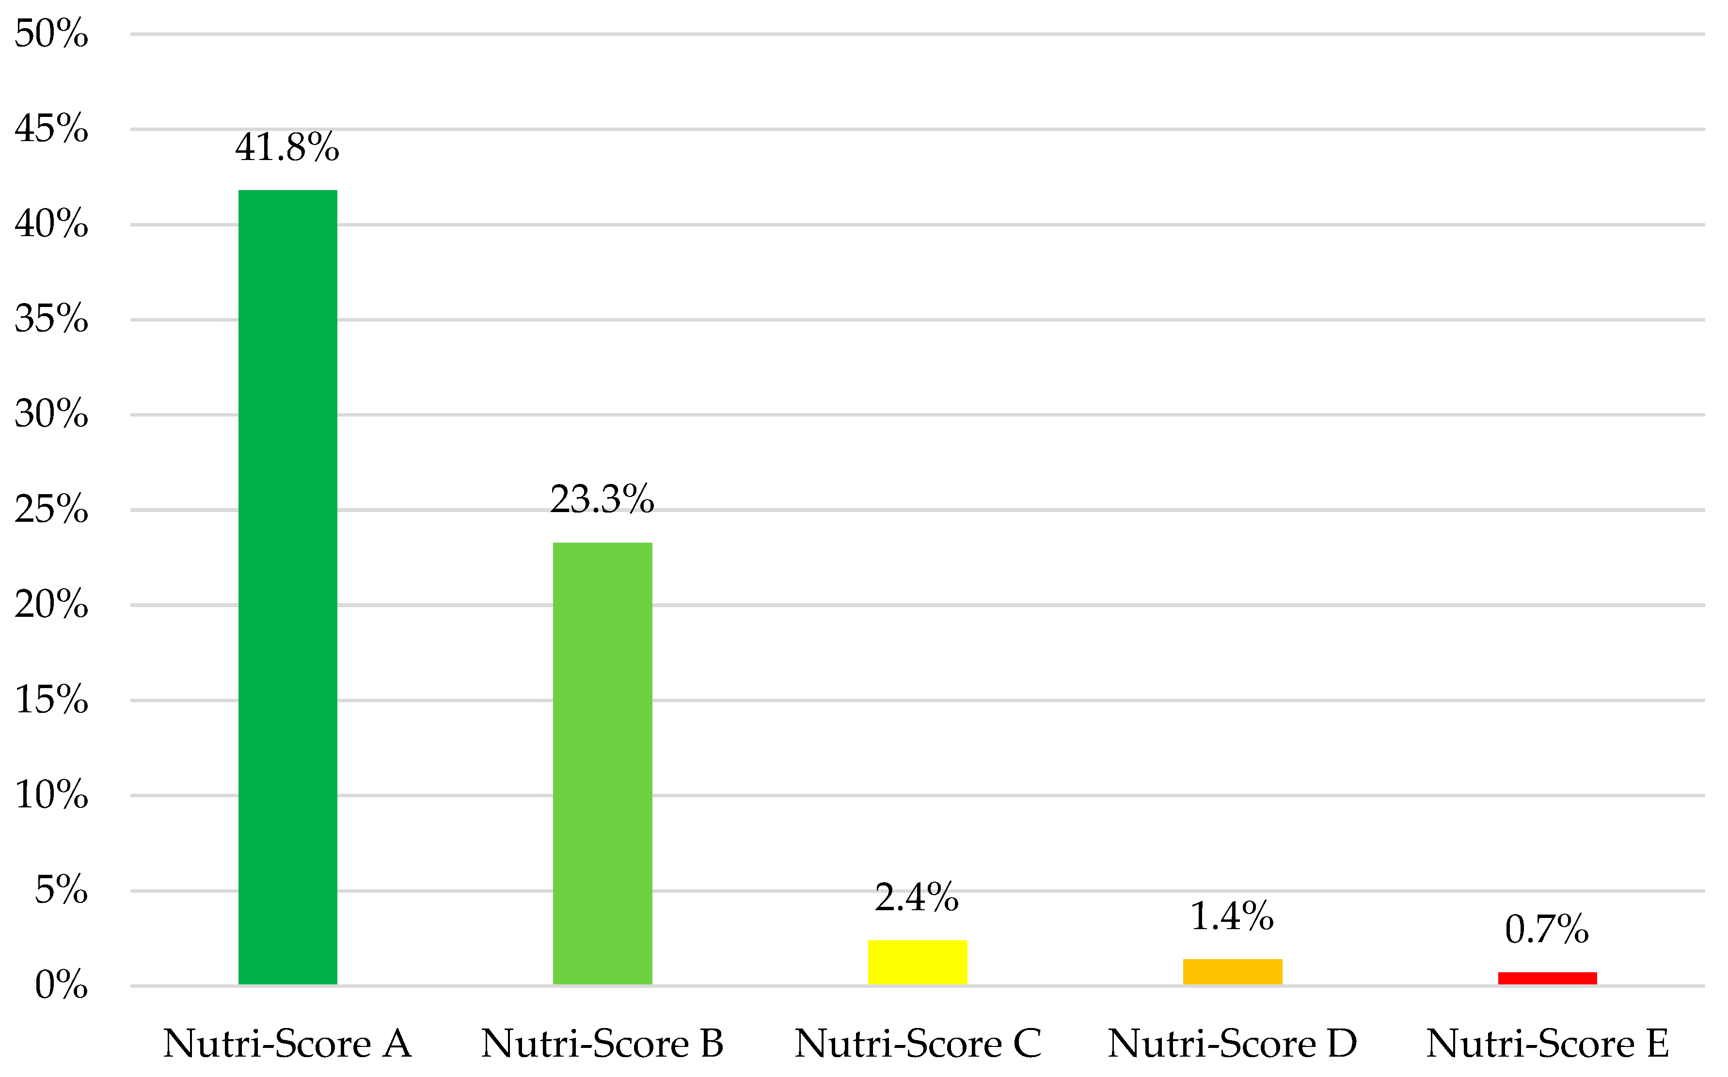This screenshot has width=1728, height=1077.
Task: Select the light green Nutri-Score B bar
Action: tap(602, 764)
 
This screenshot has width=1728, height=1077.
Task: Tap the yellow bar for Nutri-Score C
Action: tap(917, 963)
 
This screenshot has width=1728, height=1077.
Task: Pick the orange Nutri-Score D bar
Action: tap(1233, 972)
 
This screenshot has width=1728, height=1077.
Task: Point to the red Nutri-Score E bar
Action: tap(1547, 978)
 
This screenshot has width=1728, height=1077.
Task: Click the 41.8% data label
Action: tap(287, 147)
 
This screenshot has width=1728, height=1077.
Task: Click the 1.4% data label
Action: tap(1232, 916)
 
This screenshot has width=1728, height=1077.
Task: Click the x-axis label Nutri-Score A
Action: tap(287, 1044)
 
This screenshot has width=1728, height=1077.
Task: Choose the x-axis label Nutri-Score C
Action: tap(917, 1044)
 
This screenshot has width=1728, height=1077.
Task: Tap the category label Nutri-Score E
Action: tap(1547, 1044)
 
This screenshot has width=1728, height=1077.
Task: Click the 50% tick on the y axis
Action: tap(51, 33)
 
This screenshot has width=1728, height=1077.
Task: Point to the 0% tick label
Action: tap(61, 985)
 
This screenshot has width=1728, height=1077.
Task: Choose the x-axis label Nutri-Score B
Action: tap(602, 1044)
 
